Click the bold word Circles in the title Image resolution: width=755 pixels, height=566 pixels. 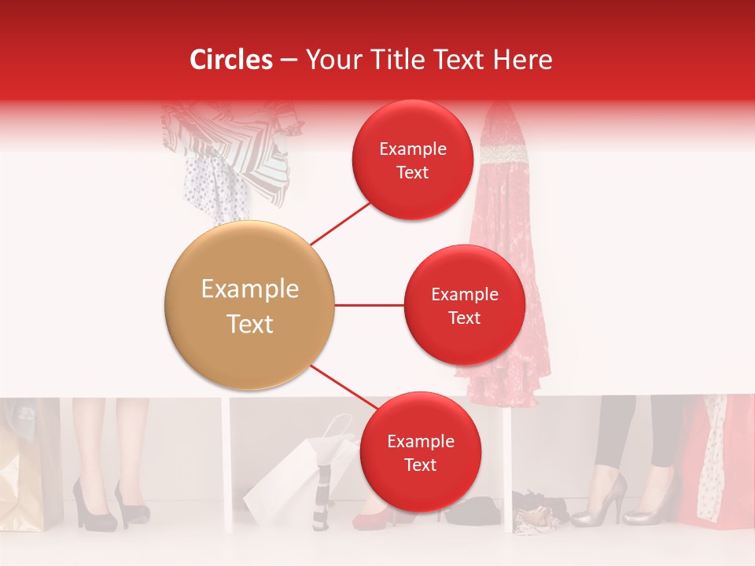click(231, 60)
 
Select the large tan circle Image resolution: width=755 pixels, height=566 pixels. click(249, 305)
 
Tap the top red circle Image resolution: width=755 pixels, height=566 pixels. click(412, 160)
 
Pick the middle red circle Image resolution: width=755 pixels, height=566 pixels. click(464, 305)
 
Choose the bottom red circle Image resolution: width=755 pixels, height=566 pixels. click(420, 452)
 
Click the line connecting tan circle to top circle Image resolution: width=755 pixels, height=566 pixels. click(341, 222)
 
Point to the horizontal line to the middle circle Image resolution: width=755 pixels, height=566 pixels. click(369, 305)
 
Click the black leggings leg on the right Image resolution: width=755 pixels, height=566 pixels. click(615, 432)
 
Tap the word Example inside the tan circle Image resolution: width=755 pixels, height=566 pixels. click(249, 289)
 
